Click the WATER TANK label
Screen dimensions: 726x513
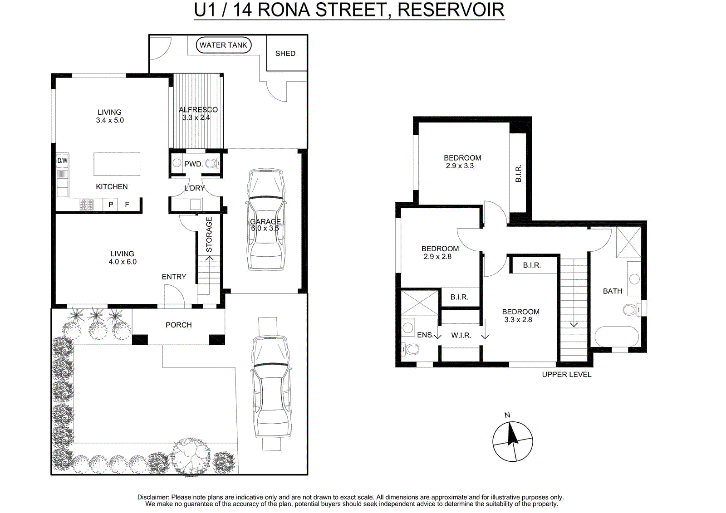coord(223,45)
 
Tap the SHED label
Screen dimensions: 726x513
coord(285,54)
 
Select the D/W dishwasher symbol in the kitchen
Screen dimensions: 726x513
coord(63,161)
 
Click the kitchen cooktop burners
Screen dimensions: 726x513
coord(87,205)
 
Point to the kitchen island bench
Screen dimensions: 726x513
coord(117,164)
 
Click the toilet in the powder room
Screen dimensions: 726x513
coord(213,163)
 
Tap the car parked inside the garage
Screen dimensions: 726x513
coord(266,220)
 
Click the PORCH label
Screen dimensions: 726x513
coord(179,325)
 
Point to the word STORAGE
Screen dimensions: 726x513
coord(209,235)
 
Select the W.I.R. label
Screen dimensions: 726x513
coord(461,335)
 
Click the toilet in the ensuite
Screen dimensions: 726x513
coord(410,349)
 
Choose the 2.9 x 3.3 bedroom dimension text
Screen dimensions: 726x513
coord(460,166)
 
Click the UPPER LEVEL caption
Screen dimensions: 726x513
coord(567,375)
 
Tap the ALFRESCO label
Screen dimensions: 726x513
coord(198,109)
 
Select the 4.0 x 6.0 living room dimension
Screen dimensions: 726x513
coord(123,262)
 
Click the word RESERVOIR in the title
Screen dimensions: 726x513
coord(451,10)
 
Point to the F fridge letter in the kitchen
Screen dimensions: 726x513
coord(127,205)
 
